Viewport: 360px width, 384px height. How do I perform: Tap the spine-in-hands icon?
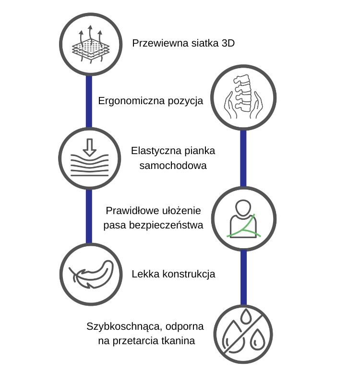tap(243, 99)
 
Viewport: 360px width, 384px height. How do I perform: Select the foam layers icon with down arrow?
tap(89, 159)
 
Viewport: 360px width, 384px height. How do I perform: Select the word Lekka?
tap(144, 275)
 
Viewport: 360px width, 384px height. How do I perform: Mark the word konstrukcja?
tap(187, 275)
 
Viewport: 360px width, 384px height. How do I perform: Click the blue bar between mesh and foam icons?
tap(89, 101)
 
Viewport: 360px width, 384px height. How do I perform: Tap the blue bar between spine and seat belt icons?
tap(243, 158)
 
